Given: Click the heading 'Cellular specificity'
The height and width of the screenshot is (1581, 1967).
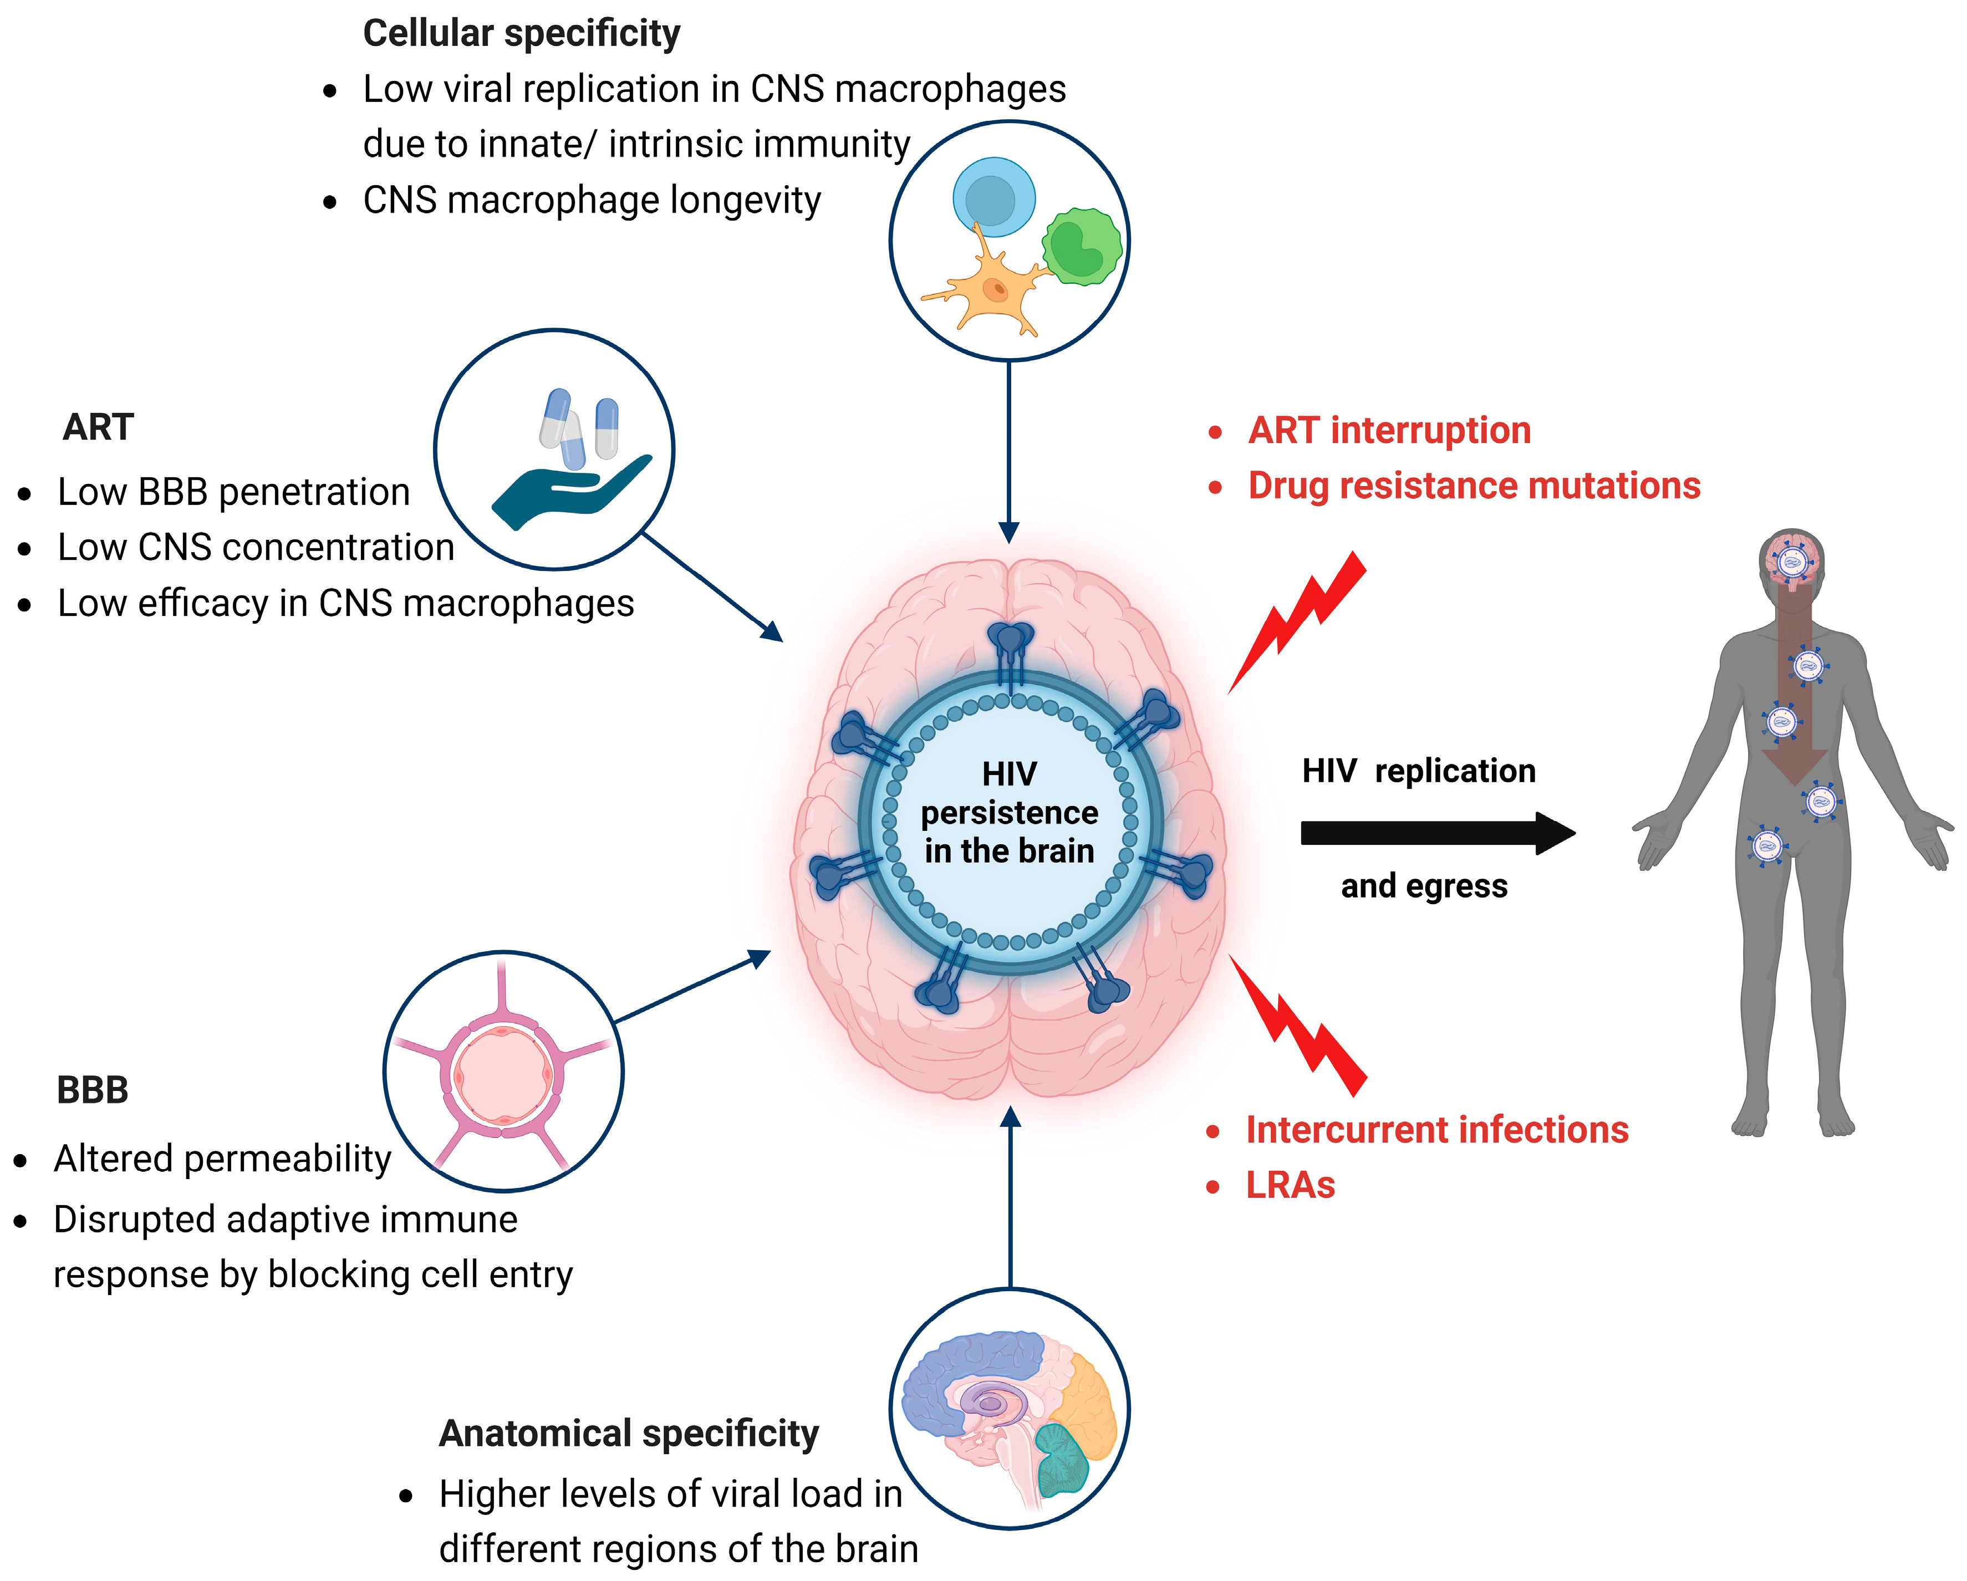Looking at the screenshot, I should pyautogui.click(x=521, y=34).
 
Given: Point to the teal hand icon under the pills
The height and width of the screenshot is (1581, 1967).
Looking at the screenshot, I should pyautogui.click(x=565, y=493).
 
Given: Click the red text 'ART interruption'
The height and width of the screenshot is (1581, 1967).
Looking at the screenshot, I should pyautogui.click(x=1389, y=431).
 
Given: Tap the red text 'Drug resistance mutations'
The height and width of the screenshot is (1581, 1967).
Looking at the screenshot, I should pyautogui.click(x=1474, y=486).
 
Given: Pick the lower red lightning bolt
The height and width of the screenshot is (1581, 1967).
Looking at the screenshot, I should pyautogui.click(x=1300, y=1026).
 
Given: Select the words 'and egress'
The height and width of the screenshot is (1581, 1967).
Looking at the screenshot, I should pyautogui.click(x=1423, y=886).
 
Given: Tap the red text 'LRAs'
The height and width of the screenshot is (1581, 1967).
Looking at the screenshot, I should pyautogui.click(x=1290, y=1186).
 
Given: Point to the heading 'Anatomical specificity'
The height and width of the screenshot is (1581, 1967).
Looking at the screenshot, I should pyautogui.click(x=629, y=1433).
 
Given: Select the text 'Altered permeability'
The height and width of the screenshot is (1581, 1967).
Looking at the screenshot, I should pyautogui.click(x=223, y=1159).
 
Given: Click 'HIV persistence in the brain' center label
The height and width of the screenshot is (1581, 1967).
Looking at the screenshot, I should pyautogui.click(x=1009, y=813).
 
